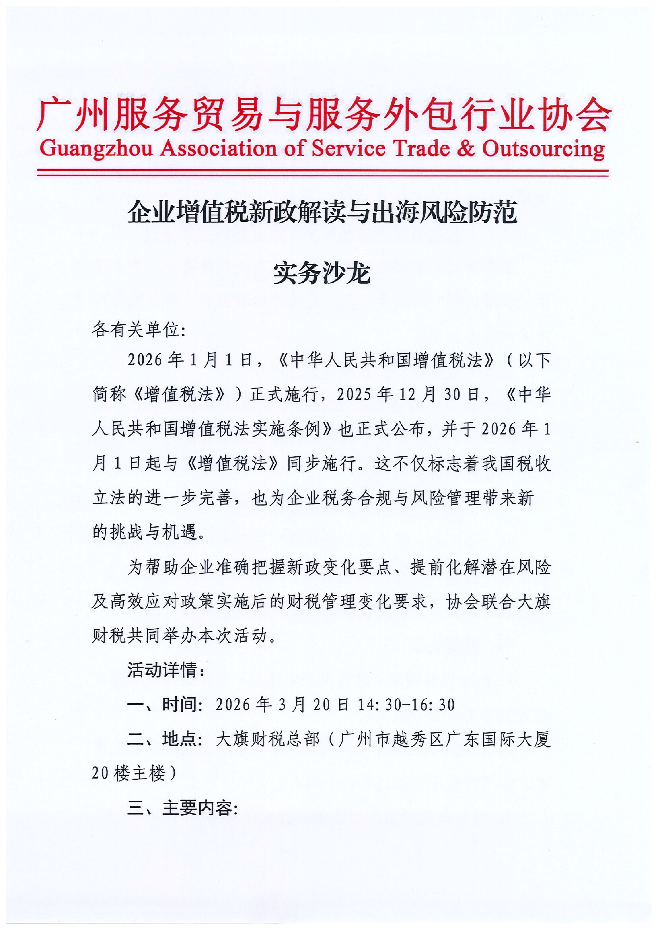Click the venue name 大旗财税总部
point(267,740)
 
